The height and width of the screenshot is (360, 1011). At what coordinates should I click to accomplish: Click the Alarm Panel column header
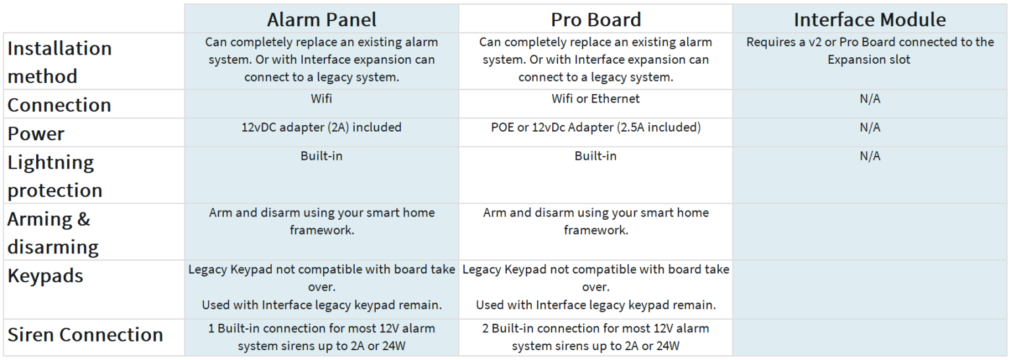click(321, 19)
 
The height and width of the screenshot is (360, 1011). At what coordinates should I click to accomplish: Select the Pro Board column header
click(596, 19)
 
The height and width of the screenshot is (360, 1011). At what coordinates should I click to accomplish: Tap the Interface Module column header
click(869, 19)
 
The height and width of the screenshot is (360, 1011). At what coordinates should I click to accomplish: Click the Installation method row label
click(59, 63)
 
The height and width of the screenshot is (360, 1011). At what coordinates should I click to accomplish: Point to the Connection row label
click(59, 105)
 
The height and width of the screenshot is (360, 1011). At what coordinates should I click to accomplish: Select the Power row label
click(36, 134)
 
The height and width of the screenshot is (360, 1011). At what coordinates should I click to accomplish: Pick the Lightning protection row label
click(55, 176)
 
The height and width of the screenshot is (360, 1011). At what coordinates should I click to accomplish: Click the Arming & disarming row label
click(53, 233)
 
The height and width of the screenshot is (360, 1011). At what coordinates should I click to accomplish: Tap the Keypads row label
click(45, 276)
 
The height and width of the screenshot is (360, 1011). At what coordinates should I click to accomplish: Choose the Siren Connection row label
click(85, 335)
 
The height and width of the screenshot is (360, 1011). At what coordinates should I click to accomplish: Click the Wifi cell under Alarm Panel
click(321, 99)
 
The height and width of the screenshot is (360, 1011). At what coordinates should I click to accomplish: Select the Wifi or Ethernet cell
click(595, 99)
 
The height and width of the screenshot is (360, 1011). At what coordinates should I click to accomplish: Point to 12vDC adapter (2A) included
click(321, 127)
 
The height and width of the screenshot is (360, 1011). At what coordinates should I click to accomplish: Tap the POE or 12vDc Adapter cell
click(596, 127)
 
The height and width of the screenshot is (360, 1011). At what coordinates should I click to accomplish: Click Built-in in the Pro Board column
click(595, 156)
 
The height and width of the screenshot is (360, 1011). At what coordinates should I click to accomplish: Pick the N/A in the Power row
click(869, 127)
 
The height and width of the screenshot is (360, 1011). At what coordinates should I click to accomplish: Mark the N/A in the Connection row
click(869, 99)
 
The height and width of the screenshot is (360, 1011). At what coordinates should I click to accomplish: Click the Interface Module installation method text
click(869, 51)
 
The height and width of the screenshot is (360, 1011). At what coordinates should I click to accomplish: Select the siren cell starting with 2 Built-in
click(595, 337)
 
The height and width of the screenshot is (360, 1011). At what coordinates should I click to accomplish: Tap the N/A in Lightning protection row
click(869, 156)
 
